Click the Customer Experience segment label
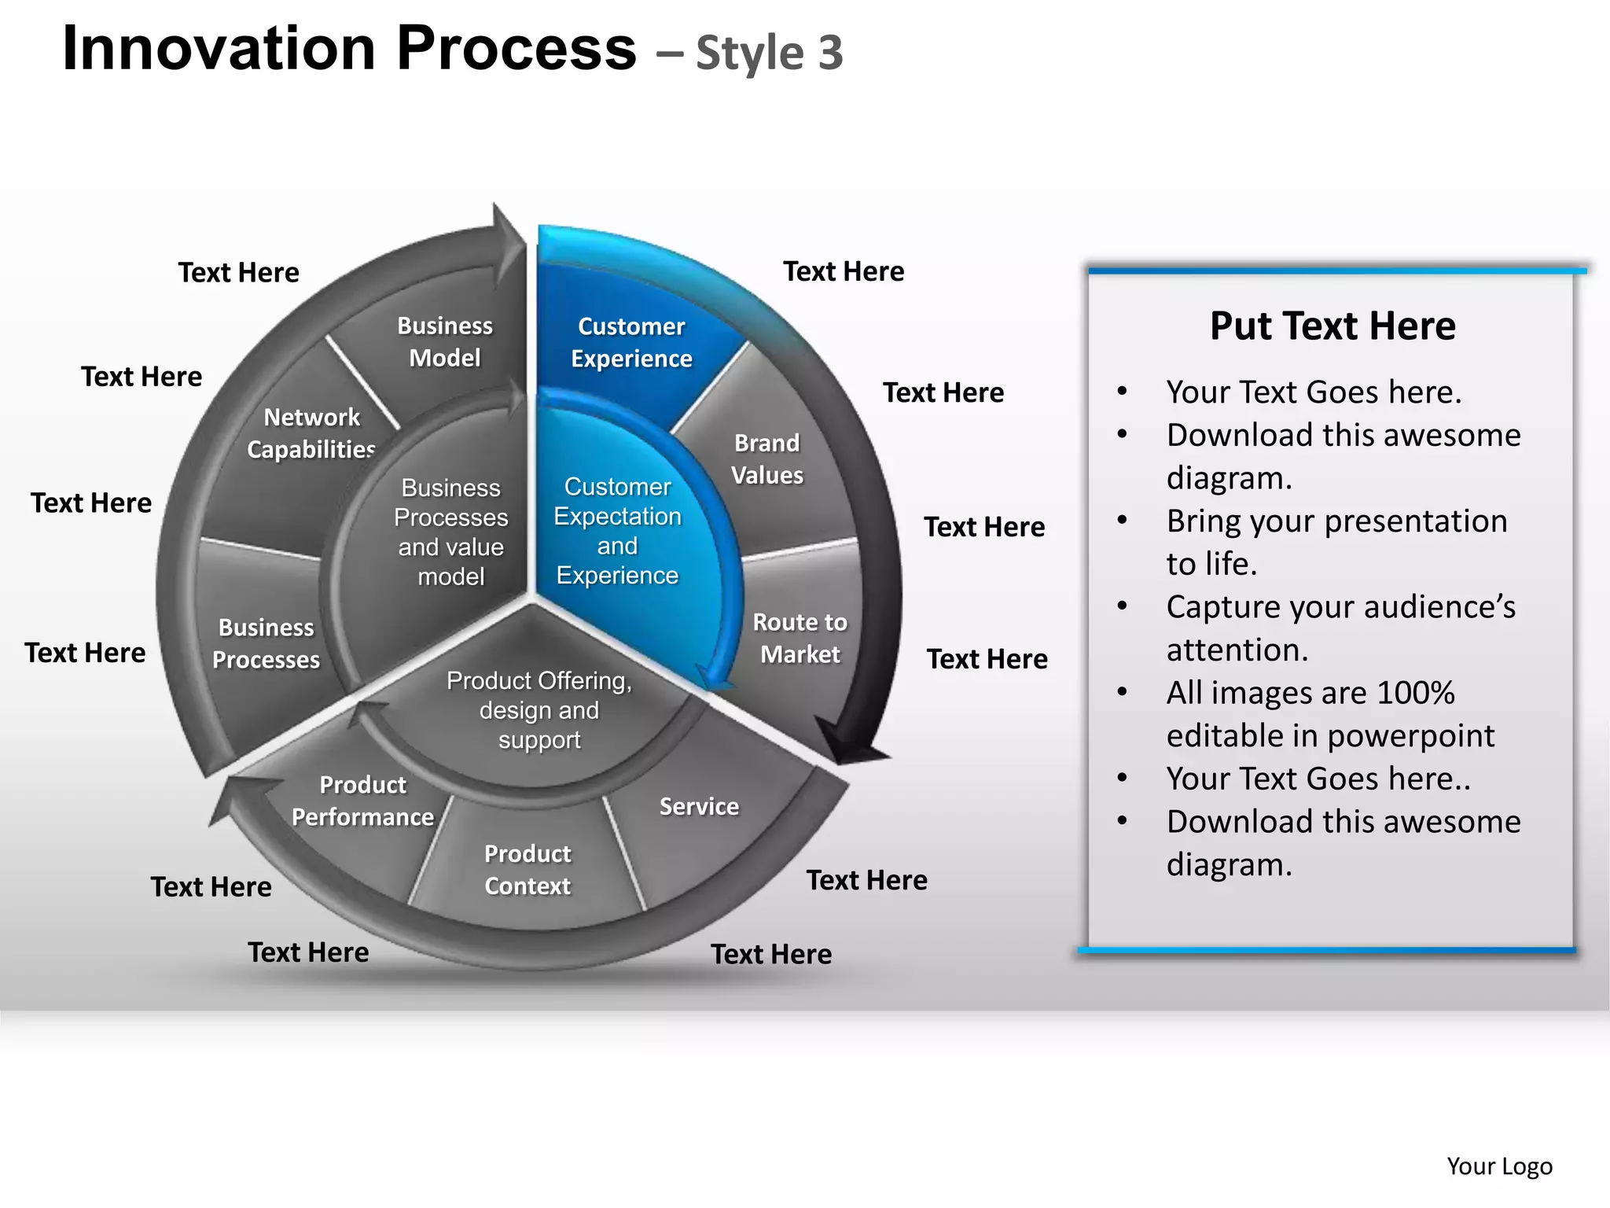tap(631, 342)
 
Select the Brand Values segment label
tap(766, 459)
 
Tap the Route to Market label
tap(799, 638)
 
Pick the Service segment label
tap(699, 806)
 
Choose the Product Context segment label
tap(527, 870)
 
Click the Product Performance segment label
tap(362, 801)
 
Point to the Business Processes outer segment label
tap(266, 643)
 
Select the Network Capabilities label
tap(311, 433)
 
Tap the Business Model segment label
tap(444, 341)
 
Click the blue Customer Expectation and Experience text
tap(617, 531)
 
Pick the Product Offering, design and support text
tap(539, 709)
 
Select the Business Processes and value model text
tap(450, 532)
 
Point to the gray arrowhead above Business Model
tap(508, 236)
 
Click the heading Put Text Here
tap(1332, 326)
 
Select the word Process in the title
tap(516, 49)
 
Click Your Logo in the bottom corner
tap(1499, 1166)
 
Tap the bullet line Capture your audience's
tap(1340, 607)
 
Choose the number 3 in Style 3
tap(830, 53)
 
